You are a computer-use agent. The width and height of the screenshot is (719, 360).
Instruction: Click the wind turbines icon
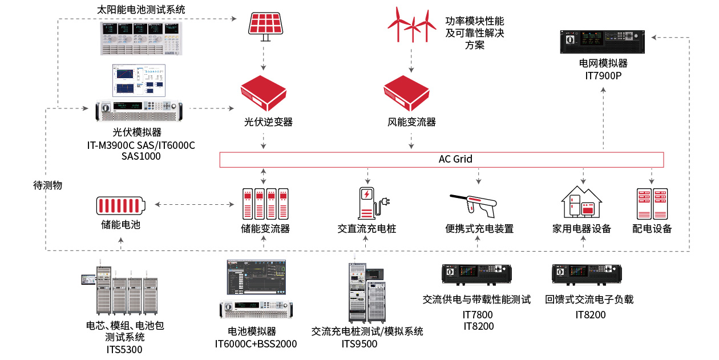click(410, 25)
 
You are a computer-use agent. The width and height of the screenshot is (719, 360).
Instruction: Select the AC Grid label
click(455, 159)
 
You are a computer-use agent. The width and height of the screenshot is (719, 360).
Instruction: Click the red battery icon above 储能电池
click(120, 205)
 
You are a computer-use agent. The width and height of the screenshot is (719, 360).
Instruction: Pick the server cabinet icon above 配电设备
click(652, 203)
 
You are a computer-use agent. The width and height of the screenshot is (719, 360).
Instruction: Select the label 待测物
click(47, 185)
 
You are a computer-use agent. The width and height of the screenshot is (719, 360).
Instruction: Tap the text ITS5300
click(124, 349)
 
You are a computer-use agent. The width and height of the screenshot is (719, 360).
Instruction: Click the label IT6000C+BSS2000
click(256, 343)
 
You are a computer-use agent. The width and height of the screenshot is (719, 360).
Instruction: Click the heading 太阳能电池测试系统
click(142, 10)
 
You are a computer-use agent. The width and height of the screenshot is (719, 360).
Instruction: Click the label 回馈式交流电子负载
click(589, 299)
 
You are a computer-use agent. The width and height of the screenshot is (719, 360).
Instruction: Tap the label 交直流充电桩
click(366, 229)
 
